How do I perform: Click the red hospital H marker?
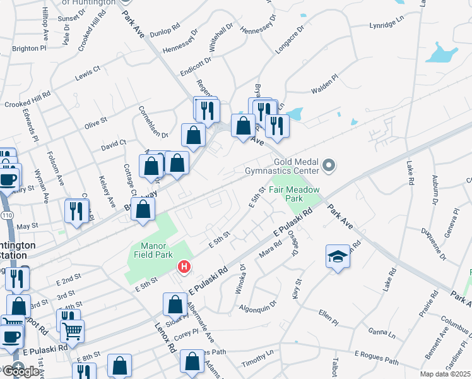pyautogui.click(x=184, y=267)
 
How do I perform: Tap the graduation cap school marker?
pyautogui.click(x=338, y=256)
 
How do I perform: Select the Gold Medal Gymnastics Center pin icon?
pyautogui.click(x=328, y=166)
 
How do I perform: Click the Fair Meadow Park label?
pyautogui.click(x=295, y=194)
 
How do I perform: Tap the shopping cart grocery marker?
pyautogui.click(x=72, y=329)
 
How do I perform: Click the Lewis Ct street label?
pyautogui.click(x=88, y=72)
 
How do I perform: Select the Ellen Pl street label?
pyautogui.click(x=329, y=313)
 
